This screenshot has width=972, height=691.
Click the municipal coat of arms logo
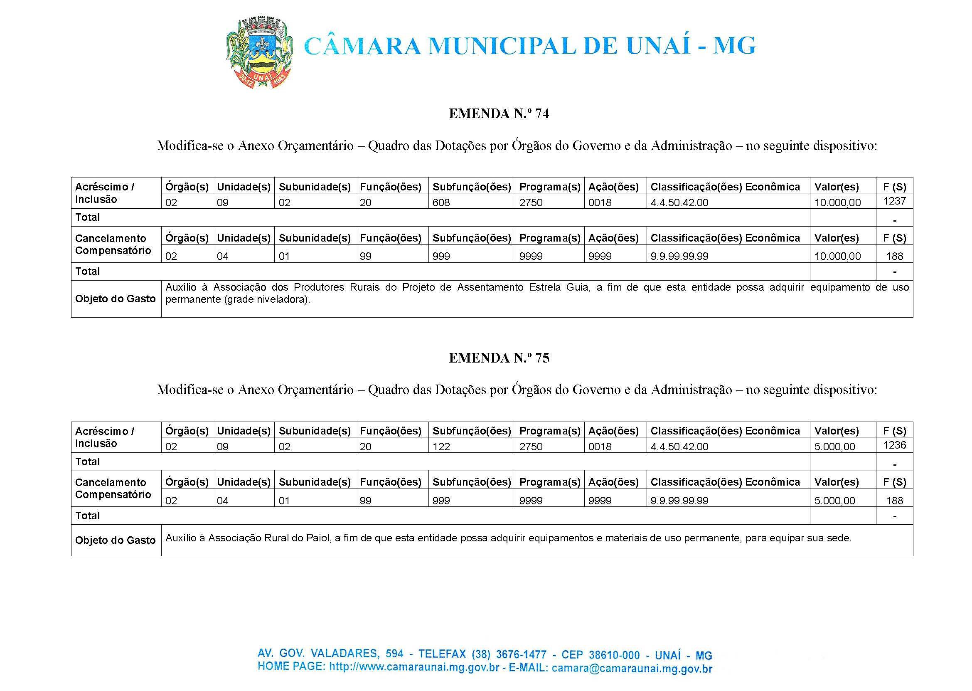tap(258, 52)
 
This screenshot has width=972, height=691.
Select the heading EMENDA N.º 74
tap(499, 114)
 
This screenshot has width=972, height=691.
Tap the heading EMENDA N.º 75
tap(499, 358)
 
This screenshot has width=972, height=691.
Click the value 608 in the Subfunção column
tap(441, 202)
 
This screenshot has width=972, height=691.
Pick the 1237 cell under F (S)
tap(894, 201)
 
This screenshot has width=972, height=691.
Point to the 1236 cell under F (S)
tap(894, 445)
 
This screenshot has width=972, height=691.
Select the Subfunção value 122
tap(441, 447)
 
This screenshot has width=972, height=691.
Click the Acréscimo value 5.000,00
tap(834, 447)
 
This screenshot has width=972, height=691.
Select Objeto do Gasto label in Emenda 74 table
tap(115, 299)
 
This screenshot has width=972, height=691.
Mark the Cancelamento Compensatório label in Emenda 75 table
tap(113, 489)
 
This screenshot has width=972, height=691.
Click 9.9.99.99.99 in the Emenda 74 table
tap(679, 256)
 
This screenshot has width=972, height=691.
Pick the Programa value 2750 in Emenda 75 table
tap(531, 447)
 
